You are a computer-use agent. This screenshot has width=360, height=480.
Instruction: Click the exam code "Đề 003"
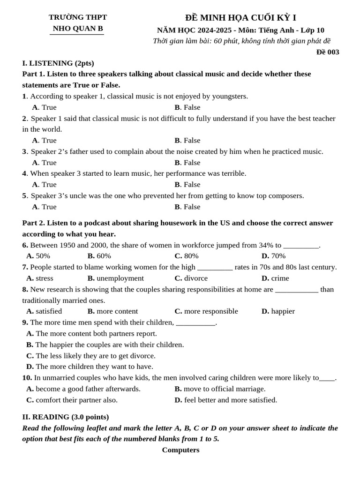pos(327,52)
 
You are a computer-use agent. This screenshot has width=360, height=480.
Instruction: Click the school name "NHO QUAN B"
pos(77,29)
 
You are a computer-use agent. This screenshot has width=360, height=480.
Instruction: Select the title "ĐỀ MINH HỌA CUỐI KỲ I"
pos(240,18)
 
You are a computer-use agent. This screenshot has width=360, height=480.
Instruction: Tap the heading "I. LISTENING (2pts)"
pos(58,63)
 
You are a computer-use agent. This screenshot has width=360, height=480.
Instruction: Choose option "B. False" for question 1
pos(187,107)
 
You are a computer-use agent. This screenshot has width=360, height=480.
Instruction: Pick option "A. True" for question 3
pos(44,163)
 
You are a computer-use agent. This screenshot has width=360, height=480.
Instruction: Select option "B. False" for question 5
pos(187,207)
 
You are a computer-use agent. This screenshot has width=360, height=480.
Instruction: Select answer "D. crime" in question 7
pos(275,278)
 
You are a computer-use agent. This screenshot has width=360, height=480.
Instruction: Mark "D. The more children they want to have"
pos(90,367)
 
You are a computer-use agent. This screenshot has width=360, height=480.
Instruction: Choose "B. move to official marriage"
pos(220,389)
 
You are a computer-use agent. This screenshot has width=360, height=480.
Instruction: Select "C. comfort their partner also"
pos(72,400)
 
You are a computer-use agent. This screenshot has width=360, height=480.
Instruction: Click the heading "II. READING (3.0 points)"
pos(66,417)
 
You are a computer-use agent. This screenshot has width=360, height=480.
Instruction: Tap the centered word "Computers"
pos(180,450)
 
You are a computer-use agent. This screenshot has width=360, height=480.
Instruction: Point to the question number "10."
pos(27,378)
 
